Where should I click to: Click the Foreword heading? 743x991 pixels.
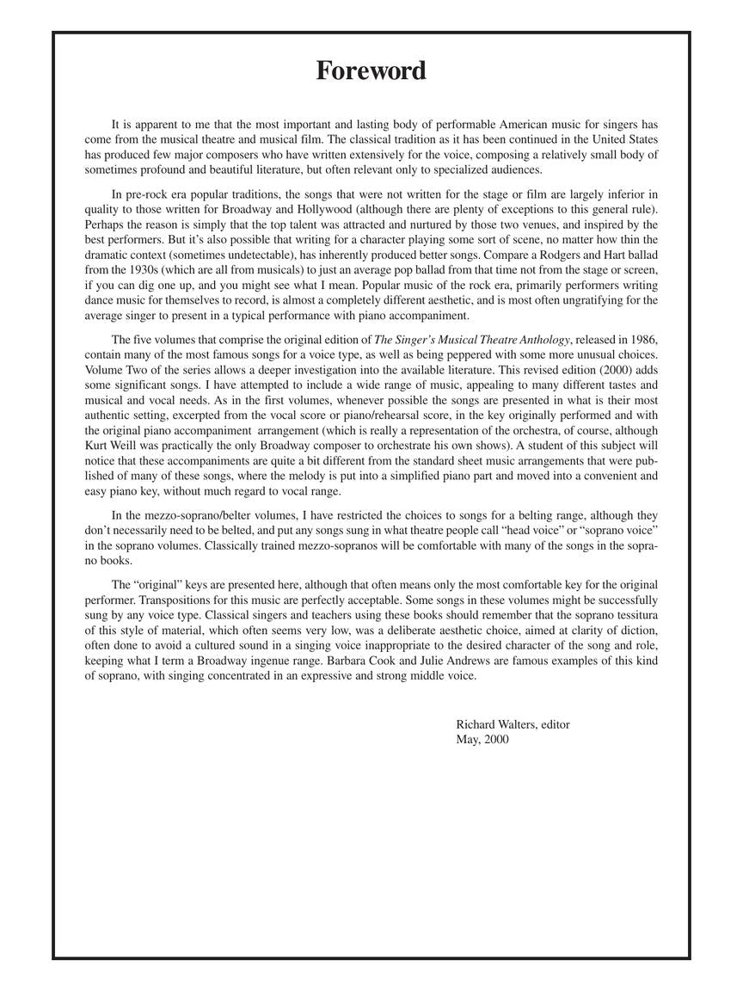coord(371,71)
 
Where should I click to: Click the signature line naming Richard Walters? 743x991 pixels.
coord(513,724)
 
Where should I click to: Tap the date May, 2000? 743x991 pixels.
coord(482,739)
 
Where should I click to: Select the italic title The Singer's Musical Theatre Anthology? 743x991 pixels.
coord(472,340)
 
